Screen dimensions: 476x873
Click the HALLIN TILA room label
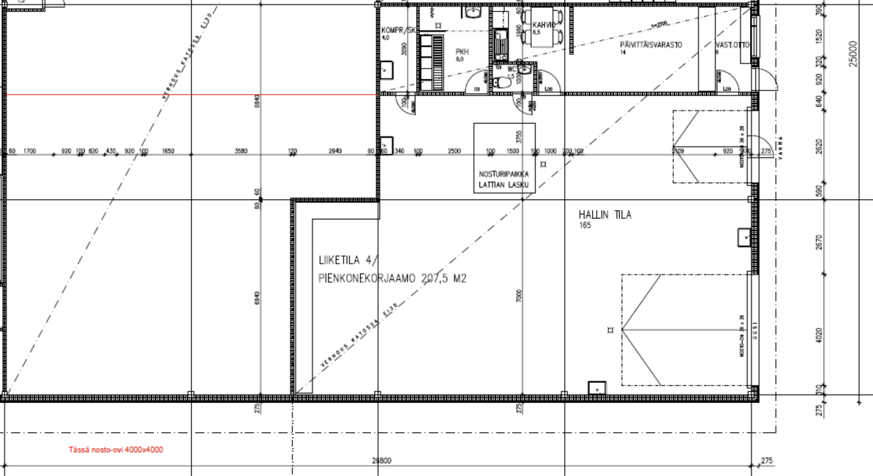604,215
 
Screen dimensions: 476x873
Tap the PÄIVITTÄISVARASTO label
651,45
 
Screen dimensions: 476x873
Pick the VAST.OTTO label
733,45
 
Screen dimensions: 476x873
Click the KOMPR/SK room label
398,30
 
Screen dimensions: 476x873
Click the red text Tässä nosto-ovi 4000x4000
116,449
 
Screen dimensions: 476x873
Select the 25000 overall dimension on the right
852,54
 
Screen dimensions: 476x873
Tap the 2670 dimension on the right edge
820,242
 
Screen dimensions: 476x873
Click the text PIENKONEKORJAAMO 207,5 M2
392,278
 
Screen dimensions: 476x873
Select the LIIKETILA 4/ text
346,260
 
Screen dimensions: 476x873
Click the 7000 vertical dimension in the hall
520,297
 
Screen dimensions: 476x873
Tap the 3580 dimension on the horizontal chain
240,151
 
